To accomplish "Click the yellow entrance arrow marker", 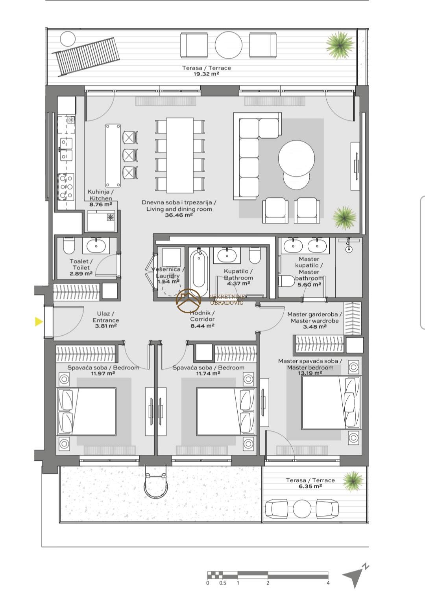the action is [39, 322].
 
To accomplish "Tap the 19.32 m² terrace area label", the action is [206, 74].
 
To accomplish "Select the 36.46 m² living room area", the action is [179, 215].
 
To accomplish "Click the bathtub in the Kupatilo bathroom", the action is [199, 272].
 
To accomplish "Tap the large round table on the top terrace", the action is [229, 45].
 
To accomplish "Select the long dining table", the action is [180, 155].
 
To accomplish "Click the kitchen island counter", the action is [113, 155].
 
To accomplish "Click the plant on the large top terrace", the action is [340, 45].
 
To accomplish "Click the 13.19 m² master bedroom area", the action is [310, 373].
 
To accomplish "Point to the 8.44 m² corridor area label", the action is [202, 326].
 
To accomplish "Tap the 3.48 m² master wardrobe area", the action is [314, 327].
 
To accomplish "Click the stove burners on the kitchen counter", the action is [67, 186].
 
